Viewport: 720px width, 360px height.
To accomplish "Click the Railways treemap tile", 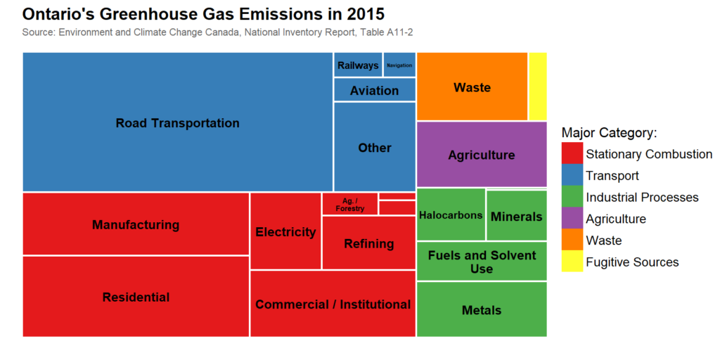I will pos(358,65).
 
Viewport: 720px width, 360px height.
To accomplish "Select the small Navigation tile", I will pos(399,65).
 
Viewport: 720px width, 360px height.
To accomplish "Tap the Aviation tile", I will pos(374,90).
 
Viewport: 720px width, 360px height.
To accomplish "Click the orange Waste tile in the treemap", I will pos(472,86).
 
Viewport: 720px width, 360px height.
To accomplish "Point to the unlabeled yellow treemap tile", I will pos(538,86).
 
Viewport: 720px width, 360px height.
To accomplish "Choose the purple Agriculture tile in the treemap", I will pos(482,155).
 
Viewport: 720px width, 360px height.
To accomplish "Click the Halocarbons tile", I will pos(451,215).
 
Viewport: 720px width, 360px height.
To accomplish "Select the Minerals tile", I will pos(517,216).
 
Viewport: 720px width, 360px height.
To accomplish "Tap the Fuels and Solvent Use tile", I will pos(482,262).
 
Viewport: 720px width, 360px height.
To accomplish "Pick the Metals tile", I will pos(482,309).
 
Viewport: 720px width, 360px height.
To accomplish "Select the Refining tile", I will pos(368,243).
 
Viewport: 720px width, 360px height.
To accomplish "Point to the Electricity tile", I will pos(285,231).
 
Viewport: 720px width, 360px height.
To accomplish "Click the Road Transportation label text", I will pos(178,123).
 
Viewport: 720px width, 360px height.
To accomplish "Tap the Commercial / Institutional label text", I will pos(333,304).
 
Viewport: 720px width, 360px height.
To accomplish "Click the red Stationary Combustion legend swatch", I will pos(572,154).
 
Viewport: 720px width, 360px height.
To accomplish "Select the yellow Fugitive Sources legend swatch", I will pos(572,262).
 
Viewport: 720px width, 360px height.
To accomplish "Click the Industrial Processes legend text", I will pos(642,198).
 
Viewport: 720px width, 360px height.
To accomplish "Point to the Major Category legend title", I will pos(609,132).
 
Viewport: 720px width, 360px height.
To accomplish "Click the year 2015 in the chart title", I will pos(361,14).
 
